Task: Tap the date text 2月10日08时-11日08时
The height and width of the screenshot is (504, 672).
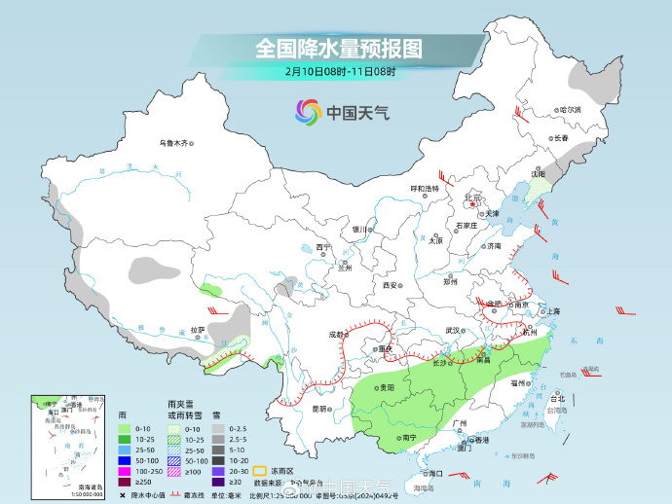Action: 341,71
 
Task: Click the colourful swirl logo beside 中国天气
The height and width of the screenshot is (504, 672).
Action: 308,112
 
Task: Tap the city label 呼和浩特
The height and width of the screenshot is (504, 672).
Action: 423,188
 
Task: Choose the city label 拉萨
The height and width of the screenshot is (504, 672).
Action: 198,330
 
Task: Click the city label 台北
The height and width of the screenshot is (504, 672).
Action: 557,399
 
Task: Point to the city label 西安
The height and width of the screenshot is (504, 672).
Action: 391,286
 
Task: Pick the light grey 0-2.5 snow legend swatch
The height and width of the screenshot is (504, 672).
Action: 220,428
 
